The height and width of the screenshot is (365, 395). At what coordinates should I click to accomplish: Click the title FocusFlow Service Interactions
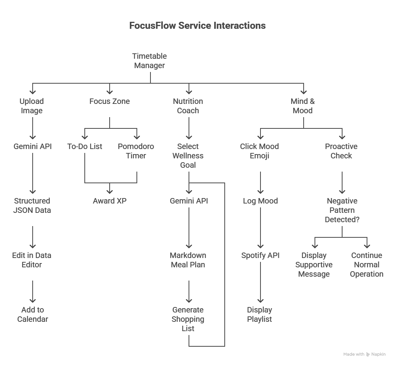(197, 26)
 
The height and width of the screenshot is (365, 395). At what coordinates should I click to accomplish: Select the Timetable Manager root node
(150, 61)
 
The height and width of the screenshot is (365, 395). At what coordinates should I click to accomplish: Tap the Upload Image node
(32, 106)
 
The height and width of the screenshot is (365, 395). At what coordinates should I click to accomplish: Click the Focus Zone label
(110, 101)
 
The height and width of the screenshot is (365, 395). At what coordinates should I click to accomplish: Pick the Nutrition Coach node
(188, 106)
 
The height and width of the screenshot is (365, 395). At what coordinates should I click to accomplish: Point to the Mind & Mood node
(302, 106)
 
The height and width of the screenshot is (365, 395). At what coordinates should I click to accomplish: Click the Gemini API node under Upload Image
(33, 146)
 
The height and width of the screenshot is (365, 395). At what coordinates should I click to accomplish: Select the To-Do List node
(85, 146)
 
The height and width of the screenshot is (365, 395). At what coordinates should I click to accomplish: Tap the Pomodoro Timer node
(136, 151)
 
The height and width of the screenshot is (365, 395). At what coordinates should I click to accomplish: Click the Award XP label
(110, 201)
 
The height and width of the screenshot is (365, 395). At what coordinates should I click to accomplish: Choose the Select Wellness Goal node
(188, 156)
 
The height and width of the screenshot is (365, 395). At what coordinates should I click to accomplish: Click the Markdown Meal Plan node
(188, 260)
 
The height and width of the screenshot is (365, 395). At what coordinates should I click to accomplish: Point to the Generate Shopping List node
(188, 319)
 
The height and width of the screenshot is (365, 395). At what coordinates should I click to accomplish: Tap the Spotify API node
(260, 255)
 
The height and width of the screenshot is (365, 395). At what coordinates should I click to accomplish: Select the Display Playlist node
(260, 314)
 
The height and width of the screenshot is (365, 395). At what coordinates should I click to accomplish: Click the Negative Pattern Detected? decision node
(342, 210)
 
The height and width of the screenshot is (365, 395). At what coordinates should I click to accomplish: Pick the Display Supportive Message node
(314, 265)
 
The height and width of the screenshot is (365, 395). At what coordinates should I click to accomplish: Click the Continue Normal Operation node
(367, 265)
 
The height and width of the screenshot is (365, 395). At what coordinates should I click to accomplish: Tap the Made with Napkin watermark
(364, 354)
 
